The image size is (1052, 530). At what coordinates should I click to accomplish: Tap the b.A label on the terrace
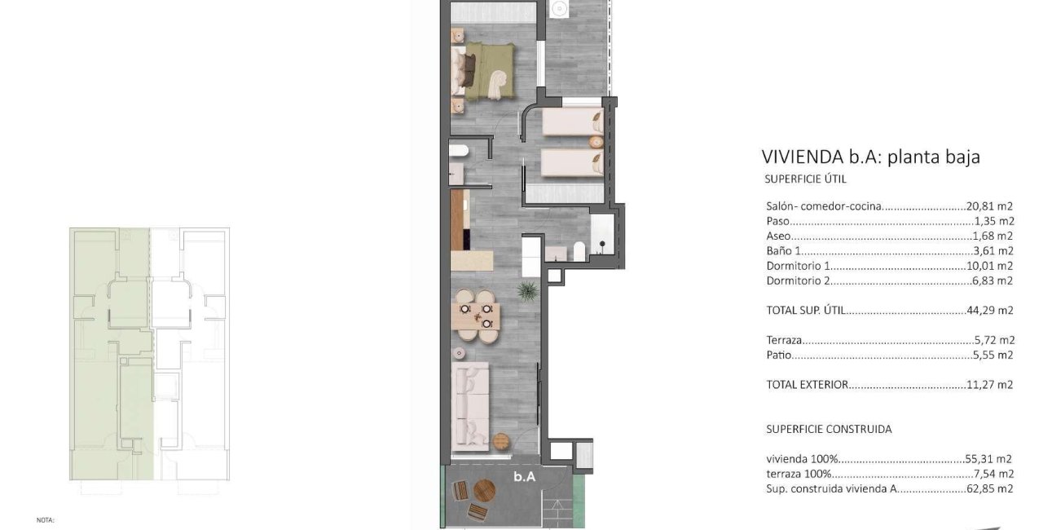[524, 477]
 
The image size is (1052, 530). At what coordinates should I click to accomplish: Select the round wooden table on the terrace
[484, 491]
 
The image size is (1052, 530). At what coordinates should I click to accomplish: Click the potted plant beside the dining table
[528, 291]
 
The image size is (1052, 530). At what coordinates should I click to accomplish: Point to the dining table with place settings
[475, 316]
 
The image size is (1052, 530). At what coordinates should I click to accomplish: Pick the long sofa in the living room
[470, 406]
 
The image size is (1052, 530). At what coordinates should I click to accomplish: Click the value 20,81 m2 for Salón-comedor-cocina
[989, 205]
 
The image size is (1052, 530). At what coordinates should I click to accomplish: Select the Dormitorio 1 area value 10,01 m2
[989, 266]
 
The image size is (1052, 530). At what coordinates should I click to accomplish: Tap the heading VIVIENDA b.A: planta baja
[871, 157]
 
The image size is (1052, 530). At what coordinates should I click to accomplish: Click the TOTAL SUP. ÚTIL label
[805, 310]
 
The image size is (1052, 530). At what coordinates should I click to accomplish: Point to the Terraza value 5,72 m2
[994, 340]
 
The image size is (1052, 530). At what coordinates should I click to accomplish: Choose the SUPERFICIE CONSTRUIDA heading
[829, 429]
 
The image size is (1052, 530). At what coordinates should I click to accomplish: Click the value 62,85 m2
[989, 488]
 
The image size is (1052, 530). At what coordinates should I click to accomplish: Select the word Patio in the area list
[779, 355]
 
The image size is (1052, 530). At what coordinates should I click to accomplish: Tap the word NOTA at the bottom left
[46, 520]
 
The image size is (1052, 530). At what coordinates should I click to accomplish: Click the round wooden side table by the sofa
[500, 441]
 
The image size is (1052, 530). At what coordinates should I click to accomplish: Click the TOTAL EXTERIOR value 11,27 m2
[989, 384]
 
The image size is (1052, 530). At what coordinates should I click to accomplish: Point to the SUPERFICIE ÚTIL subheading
[805, 179]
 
